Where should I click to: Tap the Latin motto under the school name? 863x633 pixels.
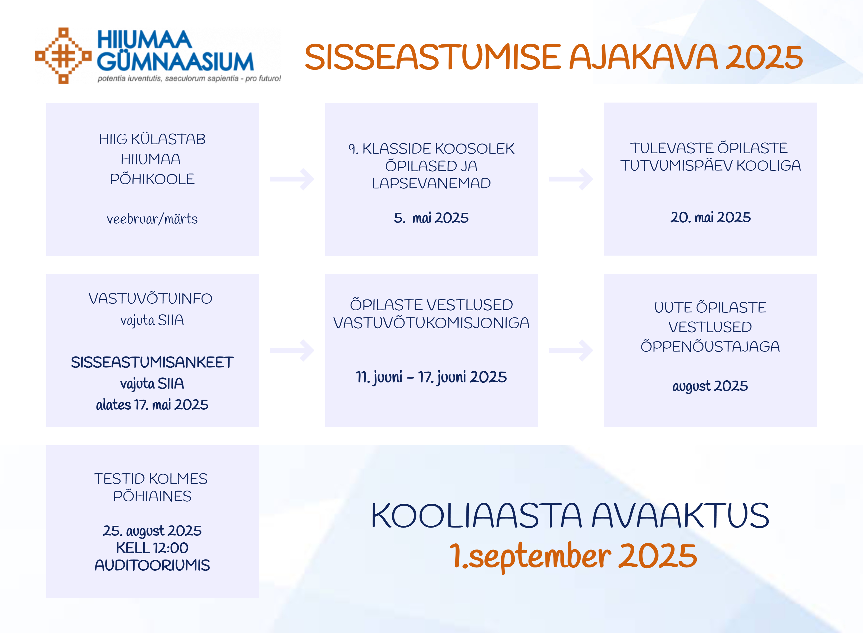tap(189, 78)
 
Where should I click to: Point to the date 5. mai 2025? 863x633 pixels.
tap(431, 218)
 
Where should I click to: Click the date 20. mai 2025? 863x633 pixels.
tap(710, 217)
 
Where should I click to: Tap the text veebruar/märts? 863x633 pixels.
tap(152, 219)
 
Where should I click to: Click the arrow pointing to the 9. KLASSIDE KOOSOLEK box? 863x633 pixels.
tap(292, 179)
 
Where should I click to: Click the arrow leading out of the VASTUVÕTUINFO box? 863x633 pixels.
tap(292, 350)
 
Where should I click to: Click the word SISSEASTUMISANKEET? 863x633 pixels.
tap(152, 362)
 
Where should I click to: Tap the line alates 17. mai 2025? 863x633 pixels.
tap(152, 405)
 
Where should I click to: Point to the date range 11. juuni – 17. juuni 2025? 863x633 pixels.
tap(431, 377)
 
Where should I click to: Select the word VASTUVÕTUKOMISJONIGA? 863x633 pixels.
tap(431, 323)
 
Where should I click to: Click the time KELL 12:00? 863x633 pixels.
tap(152, 548)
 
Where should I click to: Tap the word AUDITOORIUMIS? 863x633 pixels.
tap(152, 565)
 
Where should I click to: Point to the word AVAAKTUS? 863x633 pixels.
tap(680, 515)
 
